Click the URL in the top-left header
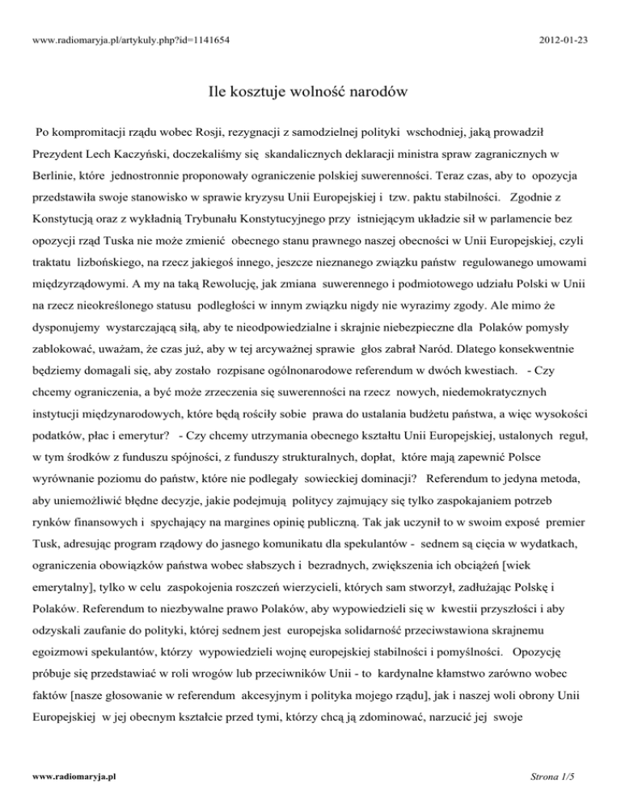coord(112,15)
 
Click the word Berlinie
coord(57,172)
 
